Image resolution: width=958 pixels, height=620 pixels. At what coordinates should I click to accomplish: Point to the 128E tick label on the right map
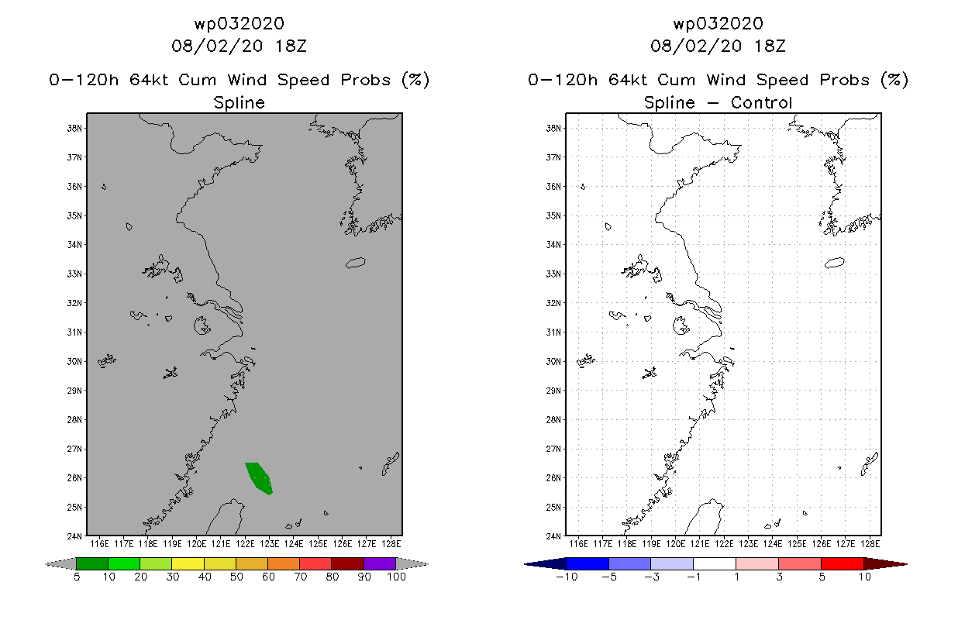tap(870, 544)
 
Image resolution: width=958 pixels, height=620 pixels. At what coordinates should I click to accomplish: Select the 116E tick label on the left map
tap(99, 544)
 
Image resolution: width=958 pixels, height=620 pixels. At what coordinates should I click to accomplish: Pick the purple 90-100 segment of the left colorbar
tap(380, 563)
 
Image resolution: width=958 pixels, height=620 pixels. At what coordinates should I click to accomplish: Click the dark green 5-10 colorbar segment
tap(92, 563)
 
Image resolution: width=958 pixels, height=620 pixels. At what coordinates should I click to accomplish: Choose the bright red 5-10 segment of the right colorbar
tap(842, 563)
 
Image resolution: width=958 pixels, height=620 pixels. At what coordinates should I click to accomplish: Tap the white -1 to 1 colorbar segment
tap(714, 563)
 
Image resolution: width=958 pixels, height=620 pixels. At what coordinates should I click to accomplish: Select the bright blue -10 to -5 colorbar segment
tap(588, 563)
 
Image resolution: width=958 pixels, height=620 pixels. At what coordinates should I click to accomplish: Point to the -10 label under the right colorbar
tap(566, 577)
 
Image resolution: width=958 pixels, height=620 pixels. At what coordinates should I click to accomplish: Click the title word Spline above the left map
tap(239, 102)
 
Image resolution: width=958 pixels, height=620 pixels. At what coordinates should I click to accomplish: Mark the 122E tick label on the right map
tap(725, 544)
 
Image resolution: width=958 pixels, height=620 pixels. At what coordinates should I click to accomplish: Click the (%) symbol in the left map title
tap(415, 80)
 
